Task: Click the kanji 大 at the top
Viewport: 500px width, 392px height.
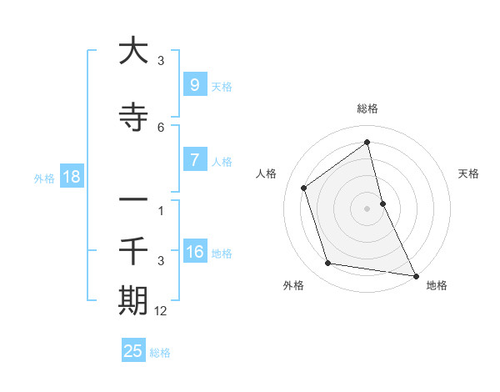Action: coord(133,51)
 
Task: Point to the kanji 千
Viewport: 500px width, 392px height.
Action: coord(133,249)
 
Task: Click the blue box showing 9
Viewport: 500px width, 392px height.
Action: coord(194,84)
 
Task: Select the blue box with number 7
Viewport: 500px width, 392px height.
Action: coord(194,160)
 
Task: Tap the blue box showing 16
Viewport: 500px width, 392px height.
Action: coord(195,253)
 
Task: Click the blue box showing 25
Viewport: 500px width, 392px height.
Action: coord(133,351)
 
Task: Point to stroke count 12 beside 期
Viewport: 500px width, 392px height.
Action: coord(162,310)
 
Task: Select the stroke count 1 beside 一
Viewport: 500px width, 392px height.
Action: coord(161,210)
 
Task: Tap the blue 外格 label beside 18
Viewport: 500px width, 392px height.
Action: coord(44,178)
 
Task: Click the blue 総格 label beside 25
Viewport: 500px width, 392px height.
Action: coord(160,352)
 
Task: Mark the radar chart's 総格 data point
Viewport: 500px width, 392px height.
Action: coord(367,143)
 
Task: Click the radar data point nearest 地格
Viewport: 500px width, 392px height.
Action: coord(415,274)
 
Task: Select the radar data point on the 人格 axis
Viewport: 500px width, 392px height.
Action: coord(304,188)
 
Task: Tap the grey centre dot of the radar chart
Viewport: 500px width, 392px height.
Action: coord(367,208)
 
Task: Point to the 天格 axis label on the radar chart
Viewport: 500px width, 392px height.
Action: coord(468,173)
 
